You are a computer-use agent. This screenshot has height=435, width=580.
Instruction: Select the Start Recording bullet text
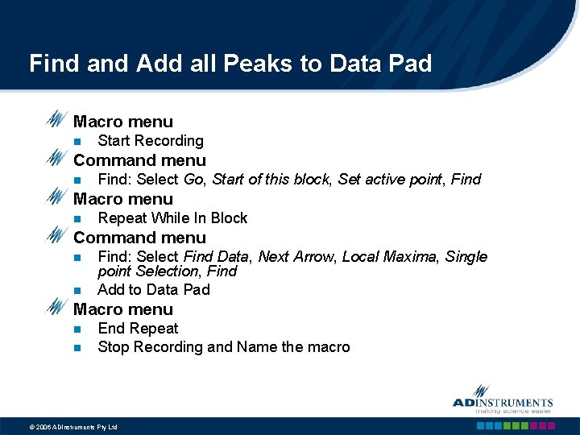(151, 141)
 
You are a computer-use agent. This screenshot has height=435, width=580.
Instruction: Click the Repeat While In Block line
(172, 218)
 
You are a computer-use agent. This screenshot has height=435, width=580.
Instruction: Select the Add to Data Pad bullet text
(154, 290)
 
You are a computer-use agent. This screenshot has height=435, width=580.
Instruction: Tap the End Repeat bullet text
(138, 329)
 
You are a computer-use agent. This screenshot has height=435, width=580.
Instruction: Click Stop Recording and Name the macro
(224, 347)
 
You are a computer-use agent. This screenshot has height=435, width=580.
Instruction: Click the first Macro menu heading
(123, 122)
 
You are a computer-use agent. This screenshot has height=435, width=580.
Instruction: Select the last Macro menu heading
(123, 309)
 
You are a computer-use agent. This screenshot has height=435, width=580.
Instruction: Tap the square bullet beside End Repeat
(77, 329)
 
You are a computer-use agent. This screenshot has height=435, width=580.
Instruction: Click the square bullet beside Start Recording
(77, 142)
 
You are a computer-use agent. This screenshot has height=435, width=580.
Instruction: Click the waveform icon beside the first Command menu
(56, 159)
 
